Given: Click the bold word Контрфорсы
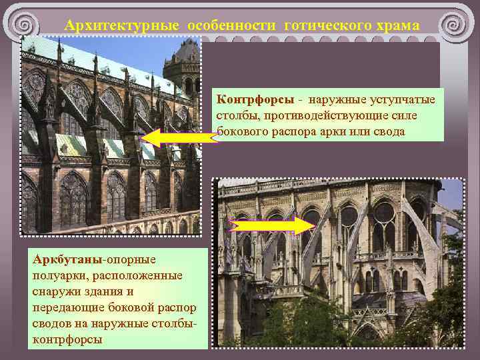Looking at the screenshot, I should pyautogui.click(x=255, y=99).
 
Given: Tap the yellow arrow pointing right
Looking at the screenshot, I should pyautogui.click(x=261, y=225).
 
